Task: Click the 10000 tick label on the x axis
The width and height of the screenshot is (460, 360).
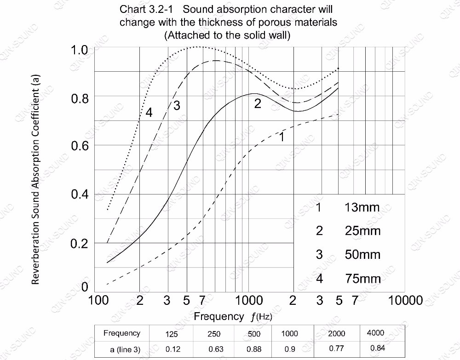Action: (405, 301)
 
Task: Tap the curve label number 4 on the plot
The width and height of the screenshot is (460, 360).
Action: (149, 112)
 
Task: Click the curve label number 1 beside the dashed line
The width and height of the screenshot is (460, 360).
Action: (282, 136)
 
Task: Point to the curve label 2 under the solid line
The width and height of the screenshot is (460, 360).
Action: (258, 104)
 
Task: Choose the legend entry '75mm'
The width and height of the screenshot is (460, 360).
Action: (363, 278)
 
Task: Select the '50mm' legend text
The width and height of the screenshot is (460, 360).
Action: (363, 254)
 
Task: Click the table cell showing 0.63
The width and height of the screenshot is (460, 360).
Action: (214, 349)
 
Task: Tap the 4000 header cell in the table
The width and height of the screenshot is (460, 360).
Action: (375, 333)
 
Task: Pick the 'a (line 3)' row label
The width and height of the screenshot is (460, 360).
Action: (125, 349)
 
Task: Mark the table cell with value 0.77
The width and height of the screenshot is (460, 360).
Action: (337, 349)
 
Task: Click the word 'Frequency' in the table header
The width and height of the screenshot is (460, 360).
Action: (122, 333)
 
